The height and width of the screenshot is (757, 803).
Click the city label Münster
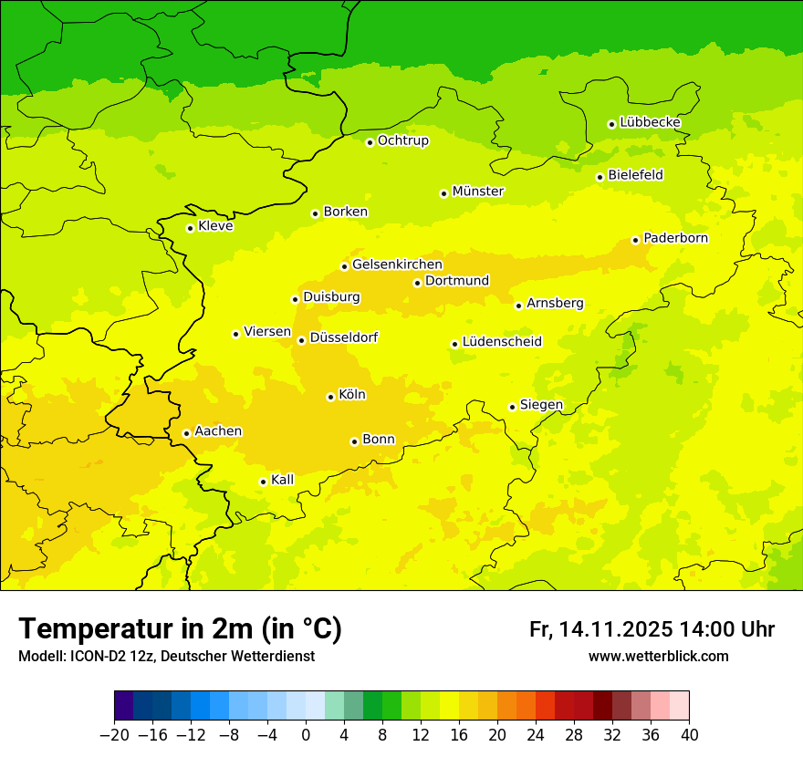[478, 192]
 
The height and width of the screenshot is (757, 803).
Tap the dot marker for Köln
[330, 397]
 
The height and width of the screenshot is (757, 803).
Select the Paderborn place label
[675, 238]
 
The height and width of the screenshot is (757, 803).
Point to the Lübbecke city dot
[611, 124]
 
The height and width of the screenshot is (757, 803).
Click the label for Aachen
[218, 431]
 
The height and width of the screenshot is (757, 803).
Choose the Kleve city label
[215, 226]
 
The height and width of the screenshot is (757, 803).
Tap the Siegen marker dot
[512, 407]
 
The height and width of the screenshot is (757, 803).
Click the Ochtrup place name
[402, 140]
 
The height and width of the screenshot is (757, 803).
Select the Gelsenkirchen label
[397, 264]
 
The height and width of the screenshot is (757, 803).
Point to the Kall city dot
[263, 482]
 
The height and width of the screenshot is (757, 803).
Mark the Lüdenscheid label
[502, 342]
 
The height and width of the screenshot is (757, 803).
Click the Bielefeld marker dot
[600, 177]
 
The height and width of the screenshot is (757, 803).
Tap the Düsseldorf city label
[343, 337]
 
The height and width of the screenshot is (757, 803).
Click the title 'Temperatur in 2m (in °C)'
[180, 628]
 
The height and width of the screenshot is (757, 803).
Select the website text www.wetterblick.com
[658, 656]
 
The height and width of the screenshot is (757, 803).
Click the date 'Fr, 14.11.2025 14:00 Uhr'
[652, 629]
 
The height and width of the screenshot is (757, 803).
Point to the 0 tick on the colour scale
[306, 735]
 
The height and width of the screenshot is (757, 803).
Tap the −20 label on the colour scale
[114, 735]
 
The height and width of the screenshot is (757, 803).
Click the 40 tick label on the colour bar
[689, 735]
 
